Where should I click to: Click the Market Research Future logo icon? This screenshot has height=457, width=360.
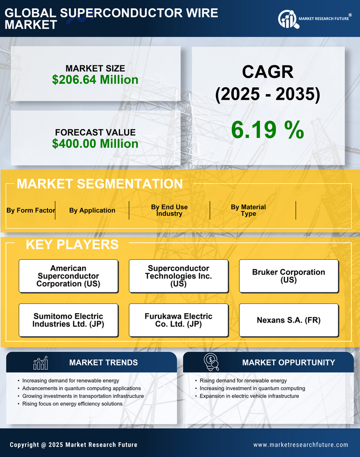[288, 19]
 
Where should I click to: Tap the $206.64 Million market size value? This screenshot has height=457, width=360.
[95, 80]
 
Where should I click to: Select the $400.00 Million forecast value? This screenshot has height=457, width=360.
[95, 144]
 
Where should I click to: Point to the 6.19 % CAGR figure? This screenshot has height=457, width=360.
[267, 130]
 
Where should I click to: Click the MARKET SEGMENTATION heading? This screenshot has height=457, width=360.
[100, 184]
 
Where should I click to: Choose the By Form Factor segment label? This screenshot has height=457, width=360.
[31, 210]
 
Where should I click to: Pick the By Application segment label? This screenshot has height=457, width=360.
[92, 210]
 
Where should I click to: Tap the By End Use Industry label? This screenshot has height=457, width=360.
[169, 210]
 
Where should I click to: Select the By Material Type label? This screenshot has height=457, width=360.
[248, 210]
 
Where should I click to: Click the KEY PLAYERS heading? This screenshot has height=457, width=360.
[72, 244]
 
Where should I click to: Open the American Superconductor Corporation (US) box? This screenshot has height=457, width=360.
[68, 276]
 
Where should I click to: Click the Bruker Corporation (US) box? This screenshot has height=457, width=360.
[289, 276]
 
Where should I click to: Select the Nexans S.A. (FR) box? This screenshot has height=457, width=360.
[289, 320]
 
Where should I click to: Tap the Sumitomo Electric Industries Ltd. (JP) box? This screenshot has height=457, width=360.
[68, 320]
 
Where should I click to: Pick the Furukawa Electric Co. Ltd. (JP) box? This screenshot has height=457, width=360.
[178, 320]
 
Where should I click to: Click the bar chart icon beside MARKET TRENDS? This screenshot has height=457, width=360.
[40, 363]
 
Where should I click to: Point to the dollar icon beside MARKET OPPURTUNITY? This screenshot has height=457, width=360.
[211, 362]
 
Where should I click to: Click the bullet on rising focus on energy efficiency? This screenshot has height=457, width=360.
[72, 404]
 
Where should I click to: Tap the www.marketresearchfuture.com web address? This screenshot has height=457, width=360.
[301, 445]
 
